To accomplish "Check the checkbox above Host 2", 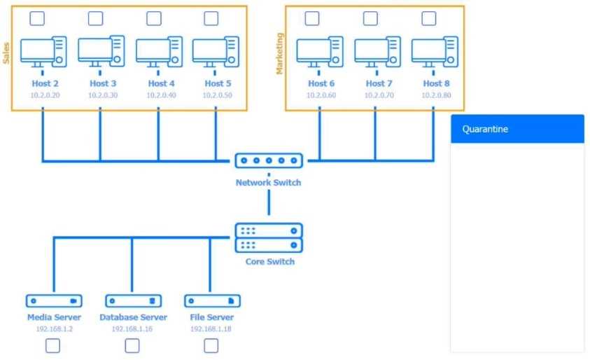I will (38, 18).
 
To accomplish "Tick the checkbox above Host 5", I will (211, 18).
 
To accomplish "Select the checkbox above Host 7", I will (369, 18).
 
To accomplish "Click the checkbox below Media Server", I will (53, 345).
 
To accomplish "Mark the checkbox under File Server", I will (211, 345).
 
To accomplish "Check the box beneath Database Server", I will (132, 345).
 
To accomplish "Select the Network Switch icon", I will (269, 161).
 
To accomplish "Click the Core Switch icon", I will (269, 238).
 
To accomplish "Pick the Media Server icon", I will (54, 300).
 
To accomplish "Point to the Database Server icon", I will (133, 300).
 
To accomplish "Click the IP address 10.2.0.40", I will (158, 95).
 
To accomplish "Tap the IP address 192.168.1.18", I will (211, 328).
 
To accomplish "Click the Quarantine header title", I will (485, 129).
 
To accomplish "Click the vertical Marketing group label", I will (280, 52).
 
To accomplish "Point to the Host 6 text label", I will (321, 83).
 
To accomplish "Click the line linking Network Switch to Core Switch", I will (269, 204).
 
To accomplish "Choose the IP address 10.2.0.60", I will (321, 95).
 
